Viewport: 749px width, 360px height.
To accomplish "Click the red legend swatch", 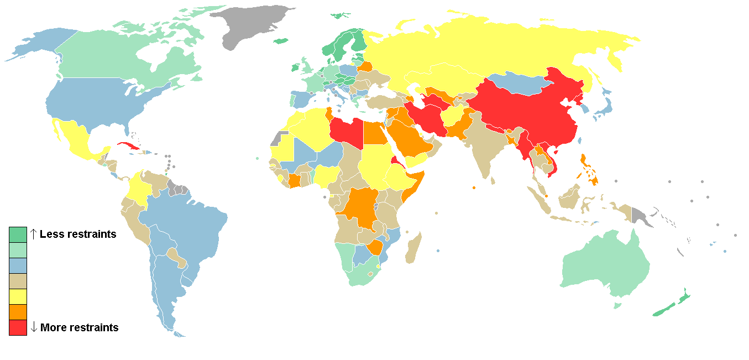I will pyautogui.click(x=18, y=327).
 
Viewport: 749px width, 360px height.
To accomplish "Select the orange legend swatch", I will pyautogui.click(x=18, y=312).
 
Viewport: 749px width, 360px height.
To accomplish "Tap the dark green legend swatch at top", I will pyautogui.click(x=18, y=234).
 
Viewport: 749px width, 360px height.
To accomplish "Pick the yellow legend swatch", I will pyautogui.click(x=18, y=296).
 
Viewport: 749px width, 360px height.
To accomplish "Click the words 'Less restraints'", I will pyautogui.click(x=78, y=234).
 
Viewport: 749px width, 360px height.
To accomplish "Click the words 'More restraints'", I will pyautogui.click(x=79, y=327).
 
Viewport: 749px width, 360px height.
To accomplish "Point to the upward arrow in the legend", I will pyautogui.click(x=33, y=234).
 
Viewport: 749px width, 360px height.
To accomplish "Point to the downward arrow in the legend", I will pyautogui.click(x=34, y=327).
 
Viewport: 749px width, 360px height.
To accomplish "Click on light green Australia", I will pyautogui.click(x=603, y=265).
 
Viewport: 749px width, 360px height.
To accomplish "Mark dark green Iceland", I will pyautogui.click(x=281, y=40).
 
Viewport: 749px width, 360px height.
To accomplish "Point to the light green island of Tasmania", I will pyautogui.click(x=617, y=305).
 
